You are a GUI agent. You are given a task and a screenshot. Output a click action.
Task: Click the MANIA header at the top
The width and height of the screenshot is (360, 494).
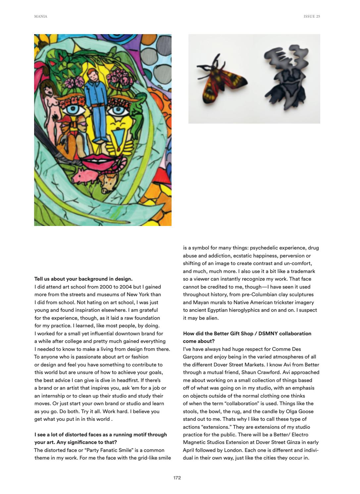pyautogui.click(x=40, y=16)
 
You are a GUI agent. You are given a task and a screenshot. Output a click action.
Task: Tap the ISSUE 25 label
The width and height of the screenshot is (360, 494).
pyautogui.click(x=312, y=16)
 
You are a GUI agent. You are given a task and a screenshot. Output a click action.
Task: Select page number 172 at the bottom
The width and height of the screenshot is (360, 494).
pyautogui.click(x=177, y=478)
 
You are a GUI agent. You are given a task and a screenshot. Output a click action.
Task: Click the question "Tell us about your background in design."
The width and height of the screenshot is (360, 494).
pyautogui.click(x=83, y=279)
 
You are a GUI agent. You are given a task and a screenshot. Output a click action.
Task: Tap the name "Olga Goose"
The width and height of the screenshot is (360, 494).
pyautogui.click(x=299, y=411)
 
